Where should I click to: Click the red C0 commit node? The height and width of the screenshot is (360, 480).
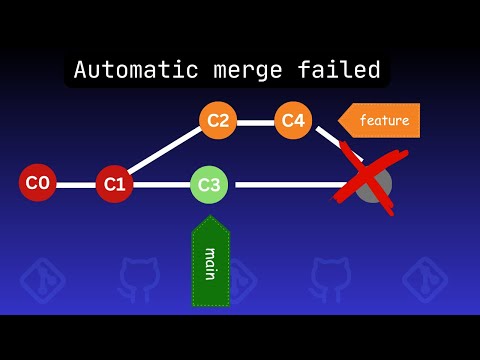[37, 183]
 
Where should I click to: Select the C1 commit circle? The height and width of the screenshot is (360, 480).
[114, 183]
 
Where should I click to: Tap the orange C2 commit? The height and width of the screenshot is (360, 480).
[217, 121]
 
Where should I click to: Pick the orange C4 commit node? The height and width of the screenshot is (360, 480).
[292, 121]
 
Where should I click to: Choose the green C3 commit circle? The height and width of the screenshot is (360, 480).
[209, 184]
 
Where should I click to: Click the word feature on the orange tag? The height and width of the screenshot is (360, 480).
[384, 121]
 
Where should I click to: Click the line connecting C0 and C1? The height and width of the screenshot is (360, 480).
[75, 184]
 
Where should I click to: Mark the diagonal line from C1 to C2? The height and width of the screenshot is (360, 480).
[165, 152]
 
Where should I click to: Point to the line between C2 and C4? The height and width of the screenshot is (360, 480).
[255, 122]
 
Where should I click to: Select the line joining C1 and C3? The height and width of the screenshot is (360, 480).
[160, 185]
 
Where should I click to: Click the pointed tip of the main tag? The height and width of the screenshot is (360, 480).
[211, 218]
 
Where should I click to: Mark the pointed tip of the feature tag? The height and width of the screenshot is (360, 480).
[339, 121]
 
